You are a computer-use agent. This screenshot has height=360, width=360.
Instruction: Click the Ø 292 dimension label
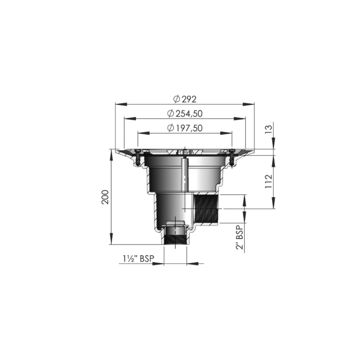coord(185,99)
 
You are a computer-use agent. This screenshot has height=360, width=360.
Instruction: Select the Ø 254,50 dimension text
coord(185,114)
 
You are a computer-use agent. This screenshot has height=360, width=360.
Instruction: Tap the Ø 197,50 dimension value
coord(185,128)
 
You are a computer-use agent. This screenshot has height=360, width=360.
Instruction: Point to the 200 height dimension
coord(105,197)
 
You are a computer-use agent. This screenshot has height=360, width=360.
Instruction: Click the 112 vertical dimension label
coord(268,181)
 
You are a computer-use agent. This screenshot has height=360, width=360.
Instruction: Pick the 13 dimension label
coord(268,130)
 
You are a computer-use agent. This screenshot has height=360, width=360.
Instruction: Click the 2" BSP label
coord(239,237)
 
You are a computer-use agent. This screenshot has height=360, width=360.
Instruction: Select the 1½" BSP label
coord(138,259)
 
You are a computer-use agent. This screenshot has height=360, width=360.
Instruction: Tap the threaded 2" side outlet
coord(206,208)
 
